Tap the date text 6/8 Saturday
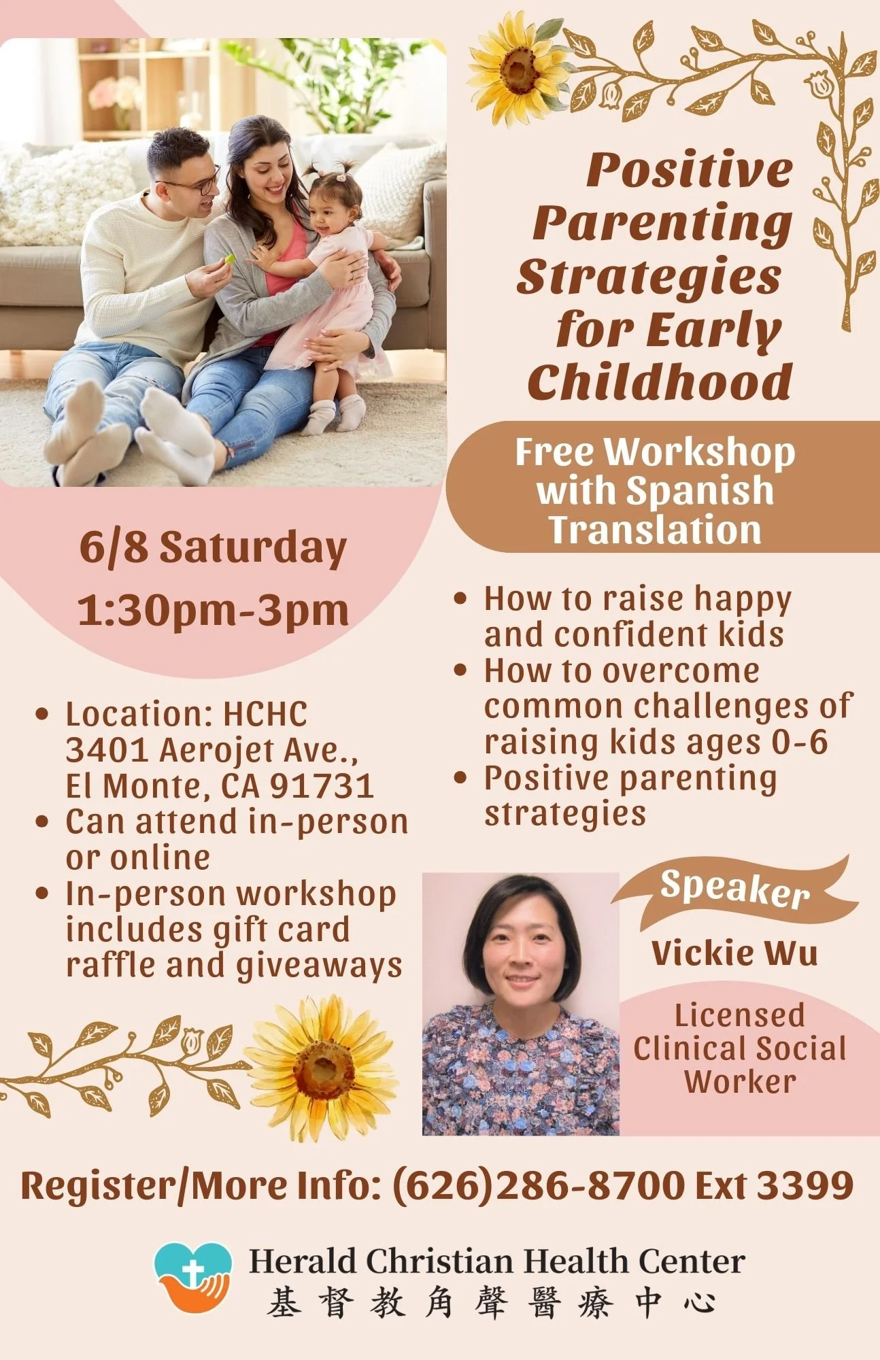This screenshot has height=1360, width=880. point(213,547)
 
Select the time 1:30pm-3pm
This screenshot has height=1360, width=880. point(213,610)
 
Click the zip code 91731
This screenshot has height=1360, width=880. point(322,786)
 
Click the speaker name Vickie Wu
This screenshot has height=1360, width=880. point(734,953)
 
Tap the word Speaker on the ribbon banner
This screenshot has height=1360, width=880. point(735,888)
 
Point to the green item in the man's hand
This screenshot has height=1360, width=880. point(230,258)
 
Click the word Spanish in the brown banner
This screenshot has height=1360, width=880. point(700,490)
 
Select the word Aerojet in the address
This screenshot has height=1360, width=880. point(216,751)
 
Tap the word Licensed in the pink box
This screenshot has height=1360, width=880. point(739,1015)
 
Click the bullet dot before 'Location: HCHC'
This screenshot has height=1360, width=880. point(42,715)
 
